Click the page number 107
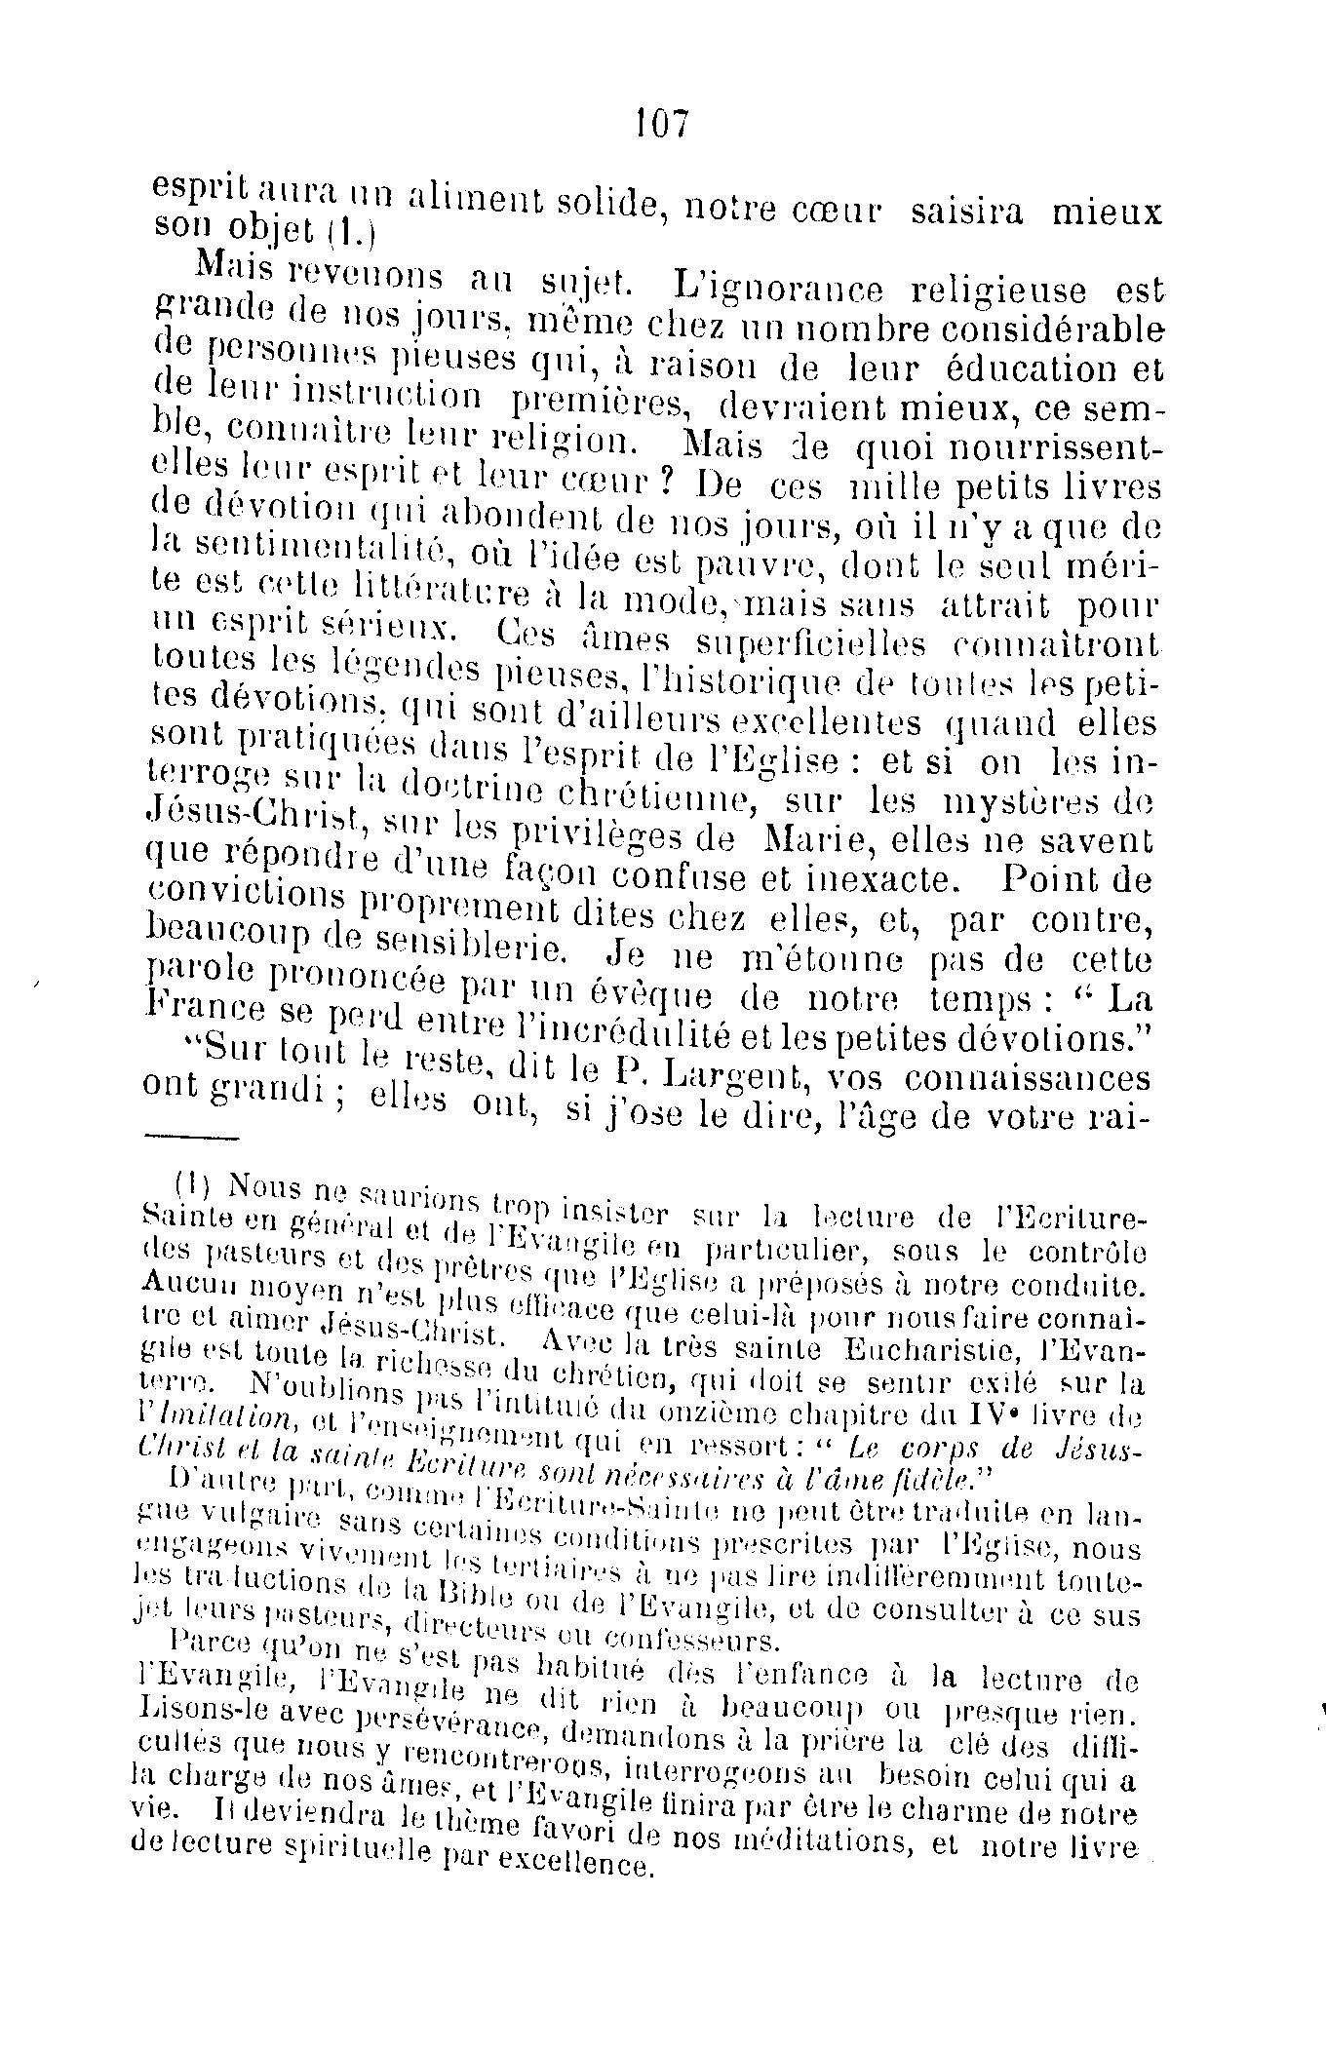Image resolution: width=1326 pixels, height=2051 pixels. pyautogui.click(x=662, y=124)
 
